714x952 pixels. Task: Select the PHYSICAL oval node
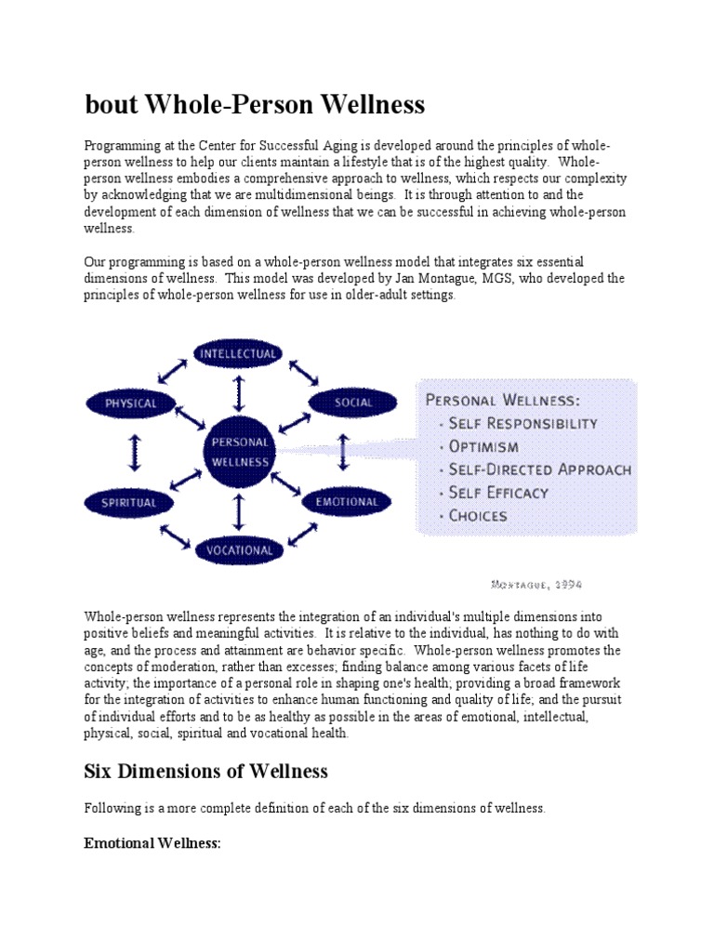click(130, 403)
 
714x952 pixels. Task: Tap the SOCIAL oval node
click(341, 403)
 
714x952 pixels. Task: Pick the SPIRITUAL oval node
click(130, 502)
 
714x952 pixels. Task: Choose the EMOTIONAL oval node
click(346, 502)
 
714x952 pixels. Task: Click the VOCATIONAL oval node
click(239, 549)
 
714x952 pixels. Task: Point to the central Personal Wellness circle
click(240, 452)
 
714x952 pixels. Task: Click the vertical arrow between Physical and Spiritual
click(130, 453)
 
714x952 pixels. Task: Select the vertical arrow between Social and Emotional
click(343, 453)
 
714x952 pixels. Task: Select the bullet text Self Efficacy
click(498, 492)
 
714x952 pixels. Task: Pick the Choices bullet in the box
click(478, 515)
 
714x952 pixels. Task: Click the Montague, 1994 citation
click(535, 584)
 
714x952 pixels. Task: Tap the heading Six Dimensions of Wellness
click(205, 771)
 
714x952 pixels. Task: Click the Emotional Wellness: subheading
click(152, 844)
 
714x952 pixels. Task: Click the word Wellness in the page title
click(377, 105)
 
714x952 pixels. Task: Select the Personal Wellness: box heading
click(501, 401)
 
